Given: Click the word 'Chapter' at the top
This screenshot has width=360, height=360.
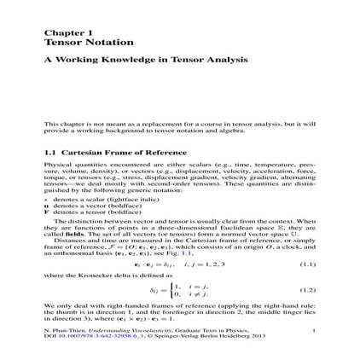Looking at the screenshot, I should click(58, 31).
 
